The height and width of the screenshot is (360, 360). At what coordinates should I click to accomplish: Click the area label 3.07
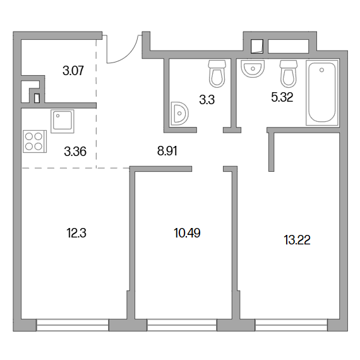tap(73, 71)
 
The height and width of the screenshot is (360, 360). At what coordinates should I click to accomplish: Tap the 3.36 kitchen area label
tap(75, 152)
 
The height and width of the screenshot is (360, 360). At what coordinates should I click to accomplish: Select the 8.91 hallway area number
tap(167, 152)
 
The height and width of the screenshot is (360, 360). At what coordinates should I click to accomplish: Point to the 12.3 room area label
tap(76, 233)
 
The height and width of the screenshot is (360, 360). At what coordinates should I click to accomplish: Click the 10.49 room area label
tap(187, 233)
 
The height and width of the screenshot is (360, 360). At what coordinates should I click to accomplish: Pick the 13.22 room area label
tap(297, 241)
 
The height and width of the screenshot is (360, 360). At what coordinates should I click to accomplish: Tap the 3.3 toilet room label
tap(207, 100)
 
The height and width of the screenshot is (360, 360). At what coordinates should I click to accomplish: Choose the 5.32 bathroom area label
tap(282, 97)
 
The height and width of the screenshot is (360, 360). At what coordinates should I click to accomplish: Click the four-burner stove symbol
tap(35, 141)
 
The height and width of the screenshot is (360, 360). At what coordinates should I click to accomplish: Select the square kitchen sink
tap(63, 121)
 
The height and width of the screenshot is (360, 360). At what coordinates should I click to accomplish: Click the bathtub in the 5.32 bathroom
tap(321, 93)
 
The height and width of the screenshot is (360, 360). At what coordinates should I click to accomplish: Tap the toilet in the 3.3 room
tap(217, 74)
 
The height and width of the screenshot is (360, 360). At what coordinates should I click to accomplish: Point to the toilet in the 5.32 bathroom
tap(289, 74)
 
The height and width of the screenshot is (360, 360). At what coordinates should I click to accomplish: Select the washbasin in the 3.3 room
tap(179, 114)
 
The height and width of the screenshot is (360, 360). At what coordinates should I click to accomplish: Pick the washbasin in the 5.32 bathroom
tap(253, 68)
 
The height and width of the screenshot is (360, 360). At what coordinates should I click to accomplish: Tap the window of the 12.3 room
tap(73, 325)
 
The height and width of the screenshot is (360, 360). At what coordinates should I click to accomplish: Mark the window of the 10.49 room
tap(182, 325)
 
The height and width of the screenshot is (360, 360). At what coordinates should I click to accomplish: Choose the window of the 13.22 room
tap(291, 325)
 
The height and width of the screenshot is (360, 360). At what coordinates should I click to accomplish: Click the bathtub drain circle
tap(321, 70)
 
